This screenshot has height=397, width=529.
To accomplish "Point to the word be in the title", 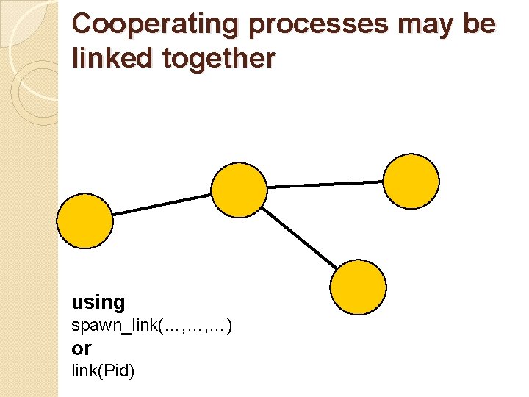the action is [x=479, y=24].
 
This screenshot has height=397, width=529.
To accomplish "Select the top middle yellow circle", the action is [x=240, y=190].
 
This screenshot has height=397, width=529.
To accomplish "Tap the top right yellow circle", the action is [x=411, y=181].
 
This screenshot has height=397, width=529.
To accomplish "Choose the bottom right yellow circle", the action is [x=358, y=287].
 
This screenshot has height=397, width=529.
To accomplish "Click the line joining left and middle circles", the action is [x=162, y=204].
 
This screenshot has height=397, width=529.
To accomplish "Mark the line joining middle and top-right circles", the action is [x=325, y=185].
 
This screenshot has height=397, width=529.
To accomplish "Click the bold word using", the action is [x=98, y=302].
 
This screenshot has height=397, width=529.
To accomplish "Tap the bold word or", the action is [x=82, y=348].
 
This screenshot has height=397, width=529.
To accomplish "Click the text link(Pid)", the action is [x=103, y=371].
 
